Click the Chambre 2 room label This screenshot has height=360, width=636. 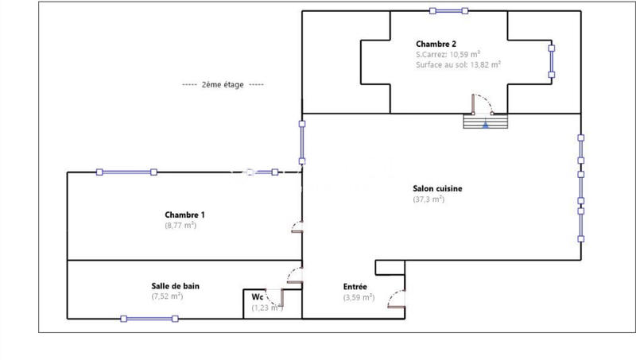tap(435, 44)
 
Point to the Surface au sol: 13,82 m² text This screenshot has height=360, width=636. tap(458, 65)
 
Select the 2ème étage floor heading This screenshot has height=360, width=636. tap(223, 85)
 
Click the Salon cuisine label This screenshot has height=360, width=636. tap(437, 189)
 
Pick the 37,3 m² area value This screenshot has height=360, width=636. tap(429, 200)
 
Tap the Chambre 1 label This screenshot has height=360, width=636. tap(185, 215)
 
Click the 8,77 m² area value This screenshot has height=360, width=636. tap(180, 226)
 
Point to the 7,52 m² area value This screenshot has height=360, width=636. tap(167, 296)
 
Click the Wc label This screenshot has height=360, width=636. tap(258, 297)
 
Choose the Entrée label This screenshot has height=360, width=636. tap(355, 287)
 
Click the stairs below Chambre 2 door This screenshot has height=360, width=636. tap(485, 122)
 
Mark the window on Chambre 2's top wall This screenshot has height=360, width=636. tap(448, 11)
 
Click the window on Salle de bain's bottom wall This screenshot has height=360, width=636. tap(149, 319)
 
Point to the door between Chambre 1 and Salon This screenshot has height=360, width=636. tap(297, 230)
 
